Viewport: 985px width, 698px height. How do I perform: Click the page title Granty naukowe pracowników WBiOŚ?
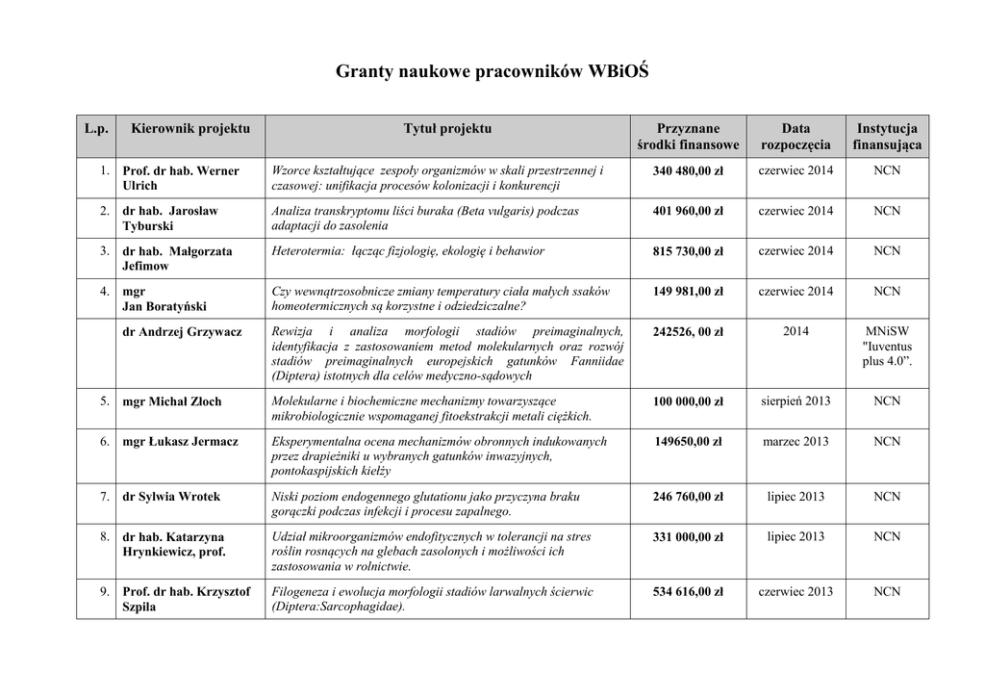492,72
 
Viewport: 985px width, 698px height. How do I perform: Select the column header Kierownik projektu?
190,128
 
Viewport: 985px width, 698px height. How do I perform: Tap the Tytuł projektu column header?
447,128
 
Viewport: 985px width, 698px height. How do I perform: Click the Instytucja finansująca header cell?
887,137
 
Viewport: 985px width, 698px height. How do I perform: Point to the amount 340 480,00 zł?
688,170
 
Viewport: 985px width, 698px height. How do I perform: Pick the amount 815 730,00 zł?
688,251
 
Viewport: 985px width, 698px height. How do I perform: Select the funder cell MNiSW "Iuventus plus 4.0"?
887,346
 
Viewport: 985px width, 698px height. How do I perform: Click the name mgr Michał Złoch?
172,401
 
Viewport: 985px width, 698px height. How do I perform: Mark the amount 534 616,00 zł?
688,591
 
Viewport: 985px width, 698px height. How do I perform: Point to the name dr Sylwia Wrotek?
171,497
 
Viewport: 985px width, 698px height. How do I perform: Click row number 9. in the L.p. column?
104,591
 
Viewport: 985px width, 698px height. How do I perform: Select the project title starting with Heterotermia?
408,251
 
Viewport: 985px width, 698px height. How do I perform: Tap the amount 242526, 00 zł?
688,331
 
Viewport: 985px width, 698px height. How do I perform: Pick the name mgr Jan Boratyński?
164,298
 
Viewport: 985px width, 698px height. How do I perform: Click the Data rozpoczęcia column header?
796,137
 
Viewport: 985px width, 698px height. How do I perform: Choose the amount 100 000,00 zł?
688,401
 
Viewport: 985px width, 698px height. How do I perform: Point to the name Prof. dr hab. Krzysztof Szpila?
187,599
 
